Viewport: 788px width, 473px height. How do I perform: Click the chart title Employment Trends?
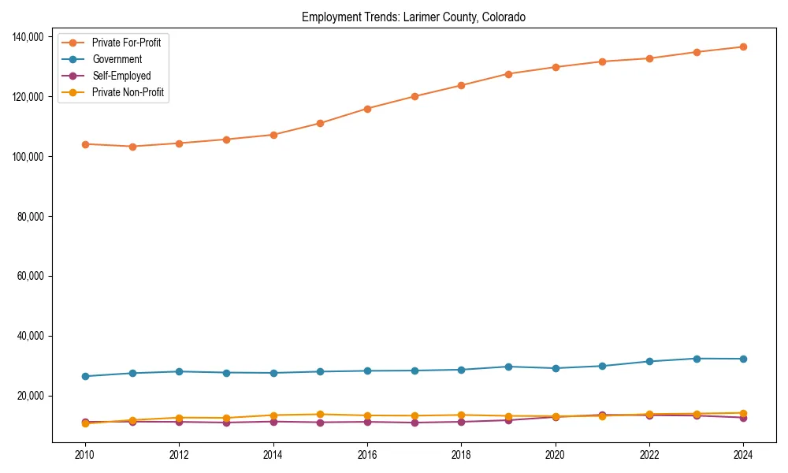coord(414,17)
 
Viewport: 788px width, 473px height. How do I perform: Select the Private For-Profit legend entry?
coord(126,43)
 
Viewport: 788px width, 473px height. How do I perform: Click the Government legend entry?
coord(117,59)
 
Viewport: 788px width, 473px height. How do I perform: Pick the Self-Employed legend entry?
coord(121,76)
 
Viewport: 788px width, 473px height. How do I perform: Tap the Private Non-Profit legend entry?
coord(128,92)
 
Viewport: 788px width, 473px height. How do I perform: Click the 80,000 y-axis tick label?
coord(29,217)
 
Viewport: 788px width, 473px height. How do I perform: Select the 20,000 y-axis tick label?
coord(29,396)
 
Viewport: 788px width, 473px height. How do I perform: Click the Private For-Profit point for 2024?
coord(743,47)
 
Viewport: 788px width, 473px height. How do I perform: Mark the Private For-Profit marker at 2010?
coord(85,144)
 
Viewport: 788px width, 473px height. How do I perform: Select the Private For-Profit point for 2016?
coord(367,109)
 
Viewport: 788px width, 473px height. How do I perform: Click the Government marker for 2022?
coord(649,361)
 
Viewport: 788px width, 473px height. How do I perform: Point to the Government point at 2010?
coord(85,376)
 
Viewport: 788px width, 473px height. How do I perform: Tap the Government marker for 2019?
coord(508,367)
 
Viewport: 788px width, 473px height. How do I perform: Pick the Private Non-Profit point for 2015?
coord(320,414)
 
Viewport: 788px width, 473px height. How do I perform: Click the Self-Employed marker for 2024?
coord(743,417)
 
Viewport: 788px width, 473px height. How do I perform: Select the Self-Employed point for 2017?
coord(414,423)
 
